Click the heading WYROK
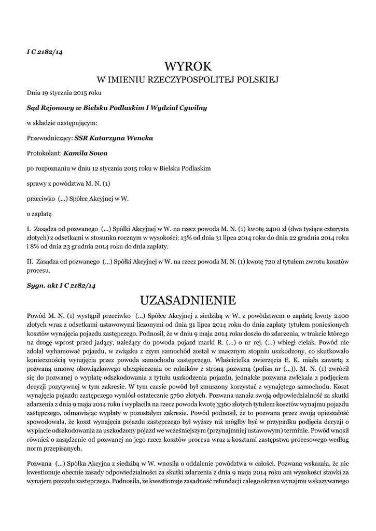[188, 66]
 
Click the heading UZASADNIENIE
[188, 300]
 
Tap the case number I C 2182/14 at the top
[45, 50]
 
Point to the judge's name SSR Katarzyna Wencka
[114, 138]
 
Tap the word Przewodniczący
[49, 138]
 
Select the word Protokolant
[44, 153]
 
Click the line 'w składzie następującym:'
[62, 123]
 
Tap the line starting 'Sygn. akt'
[61, 285]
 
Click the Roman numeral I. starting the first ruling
[29, 228]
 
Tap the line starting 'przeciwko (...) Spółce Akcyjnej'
[78, 198]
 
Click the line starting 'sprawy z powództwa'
[68, 183]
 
